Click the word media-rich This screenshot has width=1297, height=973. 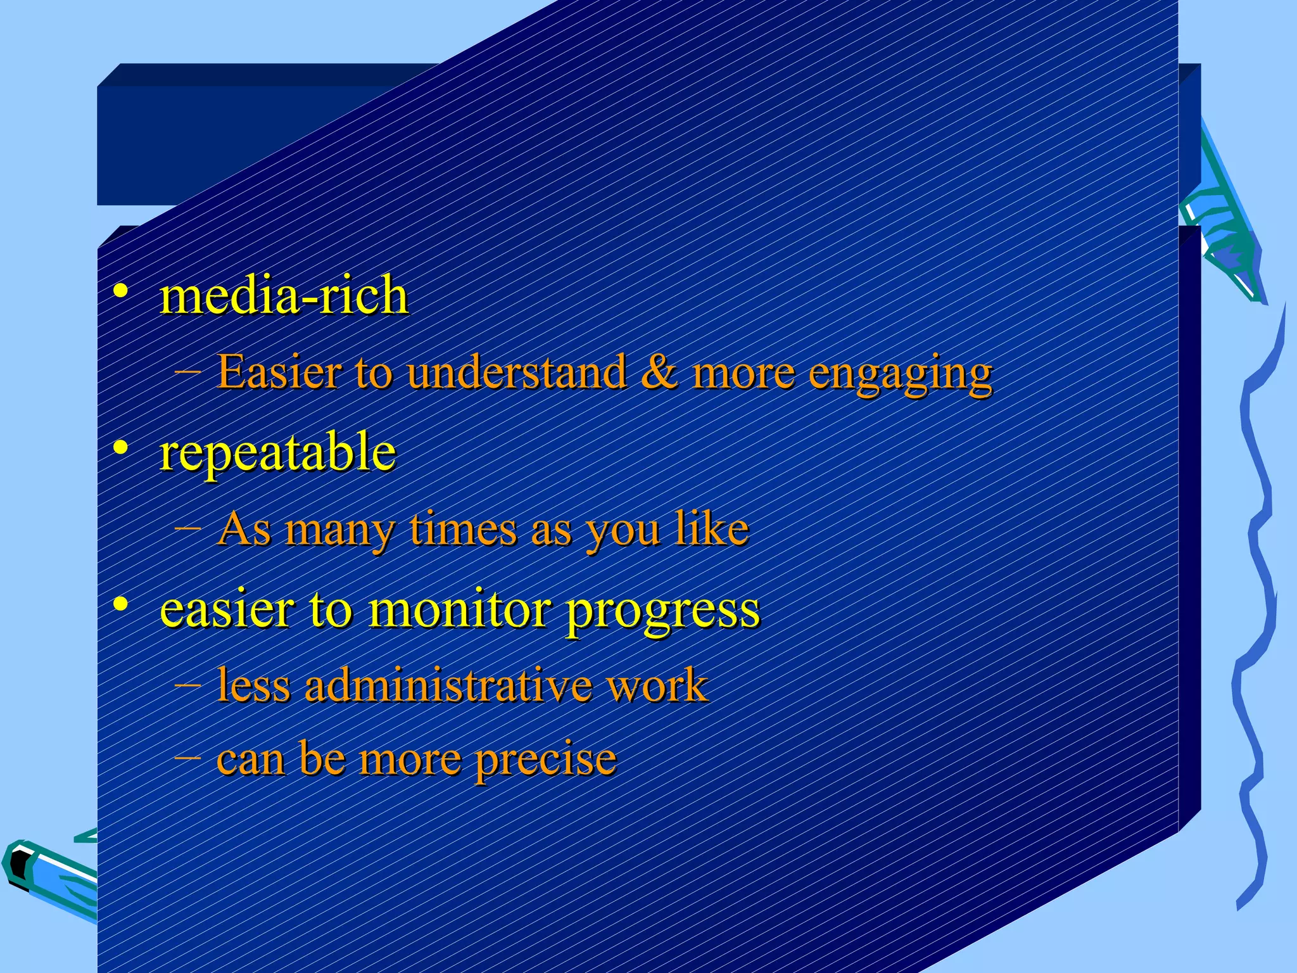tap(284, 296)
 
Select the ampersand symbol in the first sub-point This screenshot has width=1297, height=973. tap(659, 372)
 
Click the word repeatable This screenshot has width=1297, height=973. tap(277, 454)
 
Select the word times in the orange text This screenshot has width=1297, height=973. tap(463, 529)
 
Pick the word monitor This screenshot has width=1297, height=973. tap(460, 609)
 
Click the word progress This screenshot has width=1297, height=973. tap(662, 612)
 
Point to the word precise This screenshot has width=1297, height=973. tap(545, 760)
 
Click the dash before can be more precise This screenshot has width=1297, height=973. tap(188, 756)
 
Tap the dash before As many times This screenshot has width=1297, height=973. tap(188, 527)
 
